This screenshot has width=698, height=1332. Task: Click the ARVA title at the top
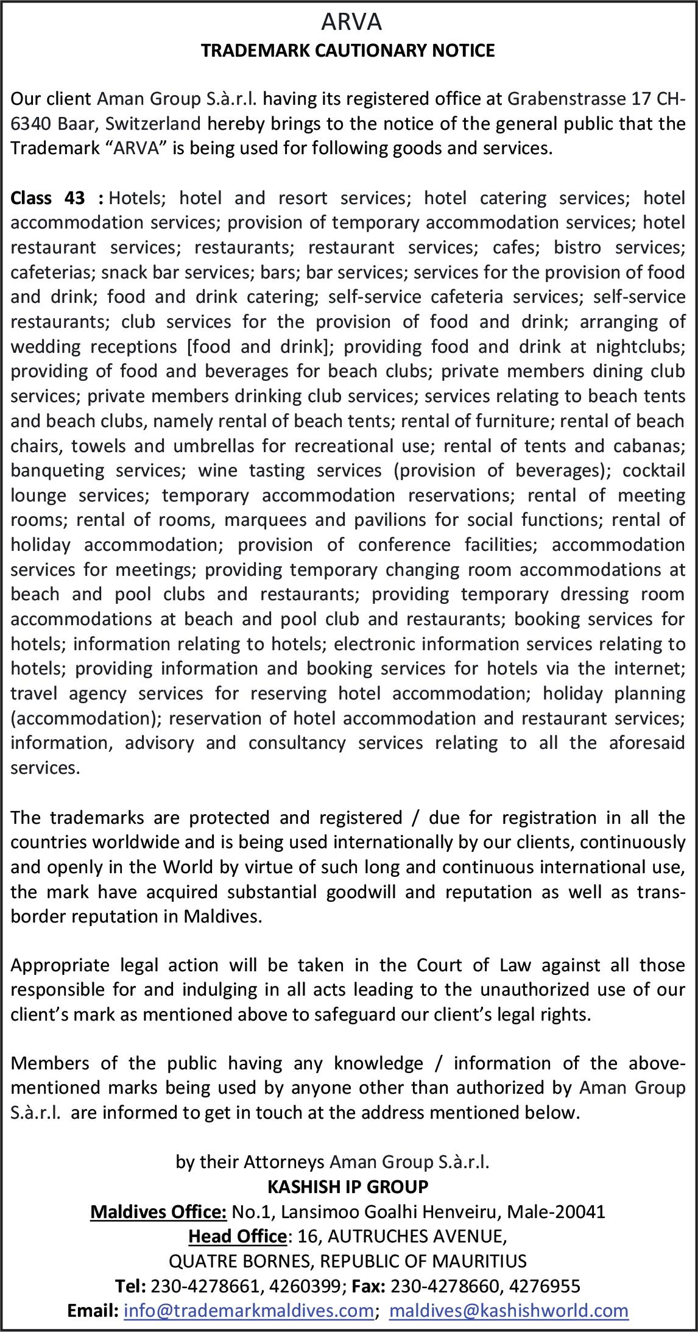(x=351, y=23)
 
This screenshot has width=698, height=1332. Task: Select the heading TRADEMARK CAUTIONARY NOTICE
(x=348, y=51)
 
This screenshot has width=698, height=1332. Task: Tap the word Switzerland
(x=153, y=124)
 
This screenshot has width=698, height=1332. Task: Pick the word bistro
(x=577, y=247)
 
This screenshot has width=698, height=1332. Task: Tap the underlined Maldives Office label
(x=159, y=1211)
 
